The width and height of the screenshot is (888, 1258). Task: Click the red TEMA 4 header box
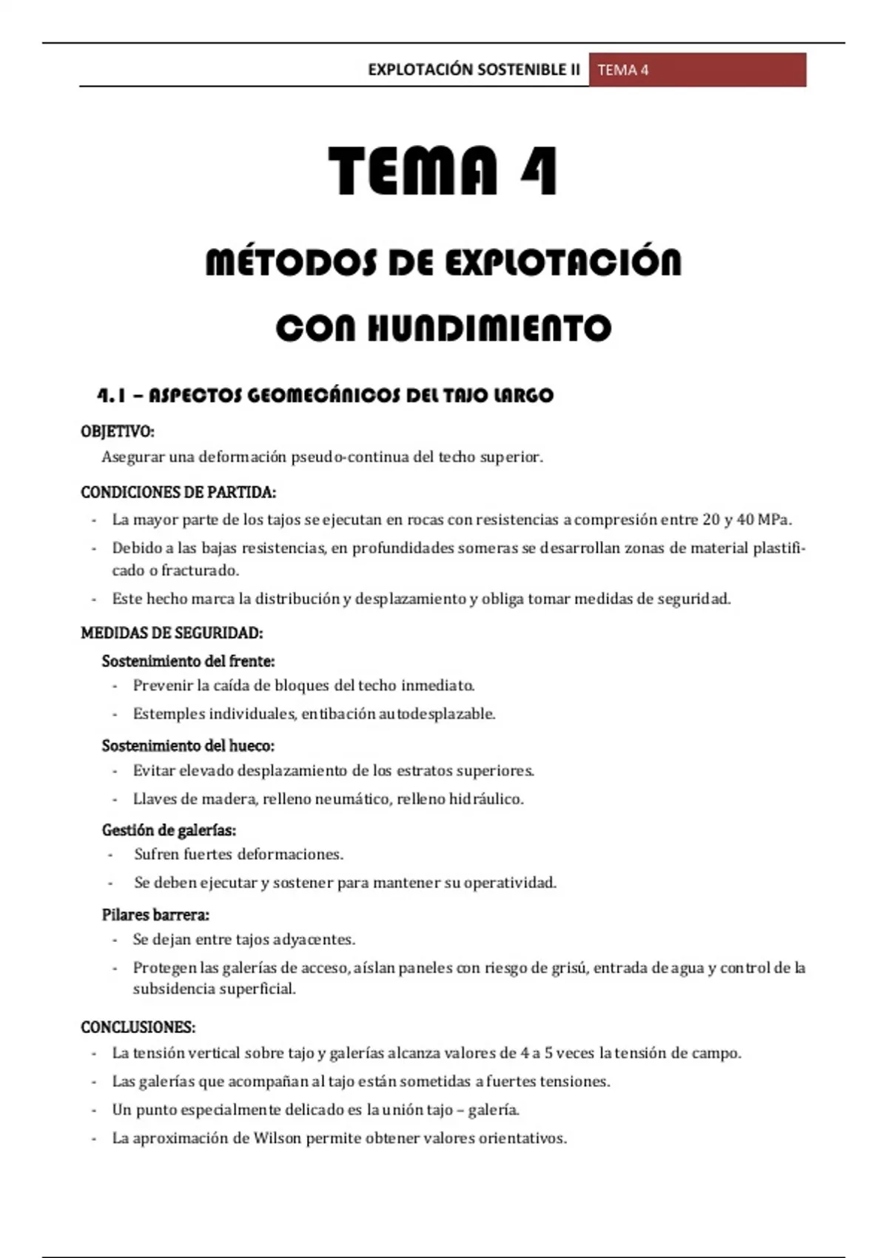click(x=697, y=70)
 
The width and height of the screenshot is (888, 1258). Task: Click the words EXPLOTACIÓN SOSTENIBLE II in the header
click(x=474, y=70)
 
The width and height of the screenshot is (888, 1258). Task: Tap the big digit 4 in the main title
click(x=539, y=172)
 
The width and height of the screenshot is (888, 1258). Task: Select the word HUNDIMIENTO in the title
click(x=489, y=329)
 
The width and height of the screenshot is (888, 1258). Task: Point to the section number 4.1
click(x=111, y=396)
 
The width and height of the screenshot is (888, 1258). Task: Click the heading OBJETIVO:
click(x=118, y=431)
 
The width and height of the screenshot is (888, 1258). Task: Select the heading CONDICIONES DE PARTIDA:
click(x=178, y=492)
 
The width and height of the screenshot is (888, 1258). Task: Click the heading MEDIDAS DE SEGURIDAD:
click(x=172, y=633)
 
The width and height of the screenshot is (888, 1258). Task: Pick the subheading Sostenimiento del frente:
click(x=188, y=661)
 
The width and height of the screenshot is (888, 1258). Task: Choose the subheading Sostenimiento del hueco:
click(x=188, y=745)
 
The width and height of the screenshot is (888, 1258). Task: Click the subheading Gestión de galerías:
click(x=169, y=830)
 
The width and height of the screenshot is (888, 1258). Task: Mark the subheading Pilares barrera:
click(x=155, y=915)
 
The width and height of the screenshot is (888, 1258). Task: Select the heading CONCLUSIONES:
click(x=138, y=1027)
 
